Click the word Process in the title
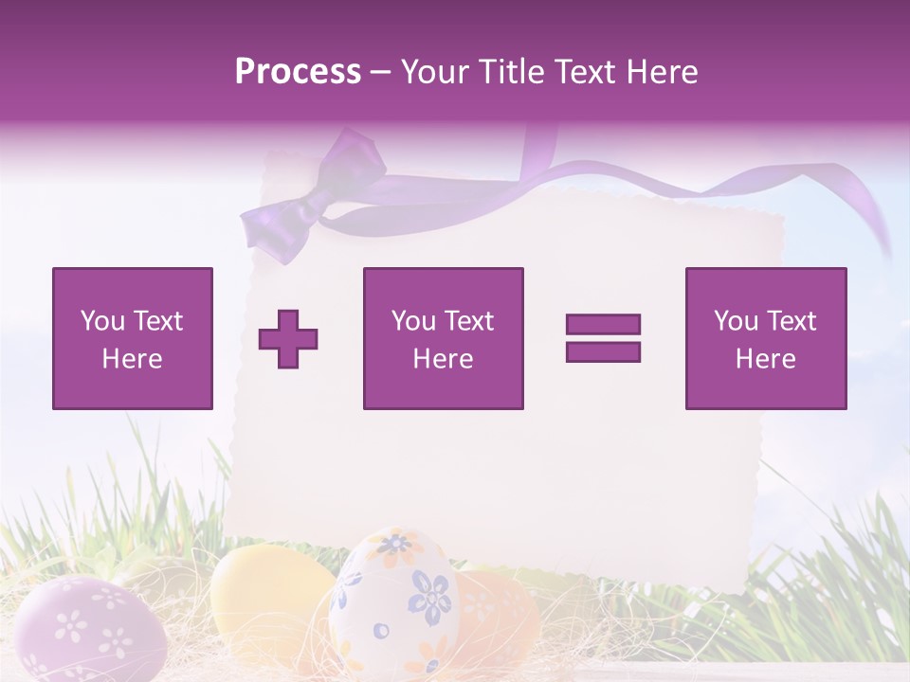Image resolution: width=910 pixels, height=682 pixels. tap(298, 72)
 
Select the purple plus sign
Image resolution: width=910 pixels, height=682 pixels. tap(288, 338)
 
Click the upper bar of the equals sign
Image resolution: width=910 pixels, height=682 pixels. tap(603, 324)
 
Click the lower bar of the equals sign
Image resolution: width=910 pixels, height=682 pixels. tap(603, 352)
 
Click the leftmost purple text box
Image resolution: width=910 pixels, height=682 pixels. tap(133, 338)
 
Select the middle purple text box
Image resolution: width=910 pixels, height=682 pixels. tap(443, 338)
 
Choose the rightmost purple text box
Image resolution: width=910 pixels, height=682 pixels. tap(766, 338)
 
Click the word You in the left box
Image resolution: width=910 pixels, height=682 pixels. tap(101, 321)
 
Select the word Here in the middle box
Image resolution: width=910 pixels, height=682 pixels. tap(443, 359)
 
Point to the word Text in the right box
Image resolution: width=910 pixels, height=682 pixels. tap(792, 321)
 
